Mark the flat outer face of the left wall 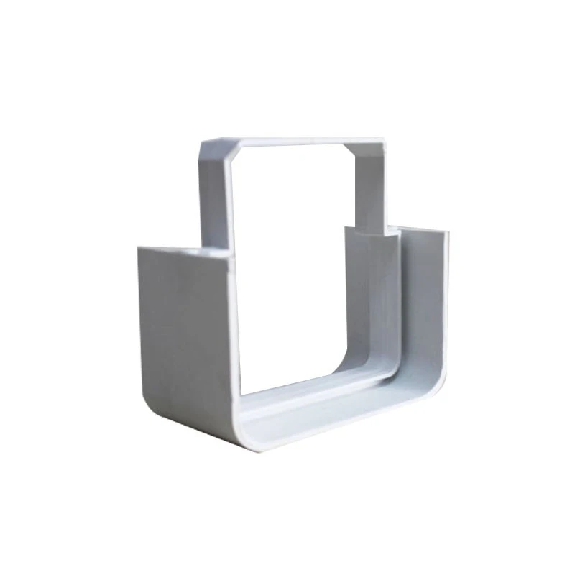pyautogui.click(x=180, y=323)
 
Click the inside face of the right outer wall pyautogui.click(x=424, y=302)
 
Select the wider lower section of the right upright pyautogui.click(x=370, y=295)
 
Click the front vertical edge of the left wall pyautogui.click(x=231, y=338)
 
